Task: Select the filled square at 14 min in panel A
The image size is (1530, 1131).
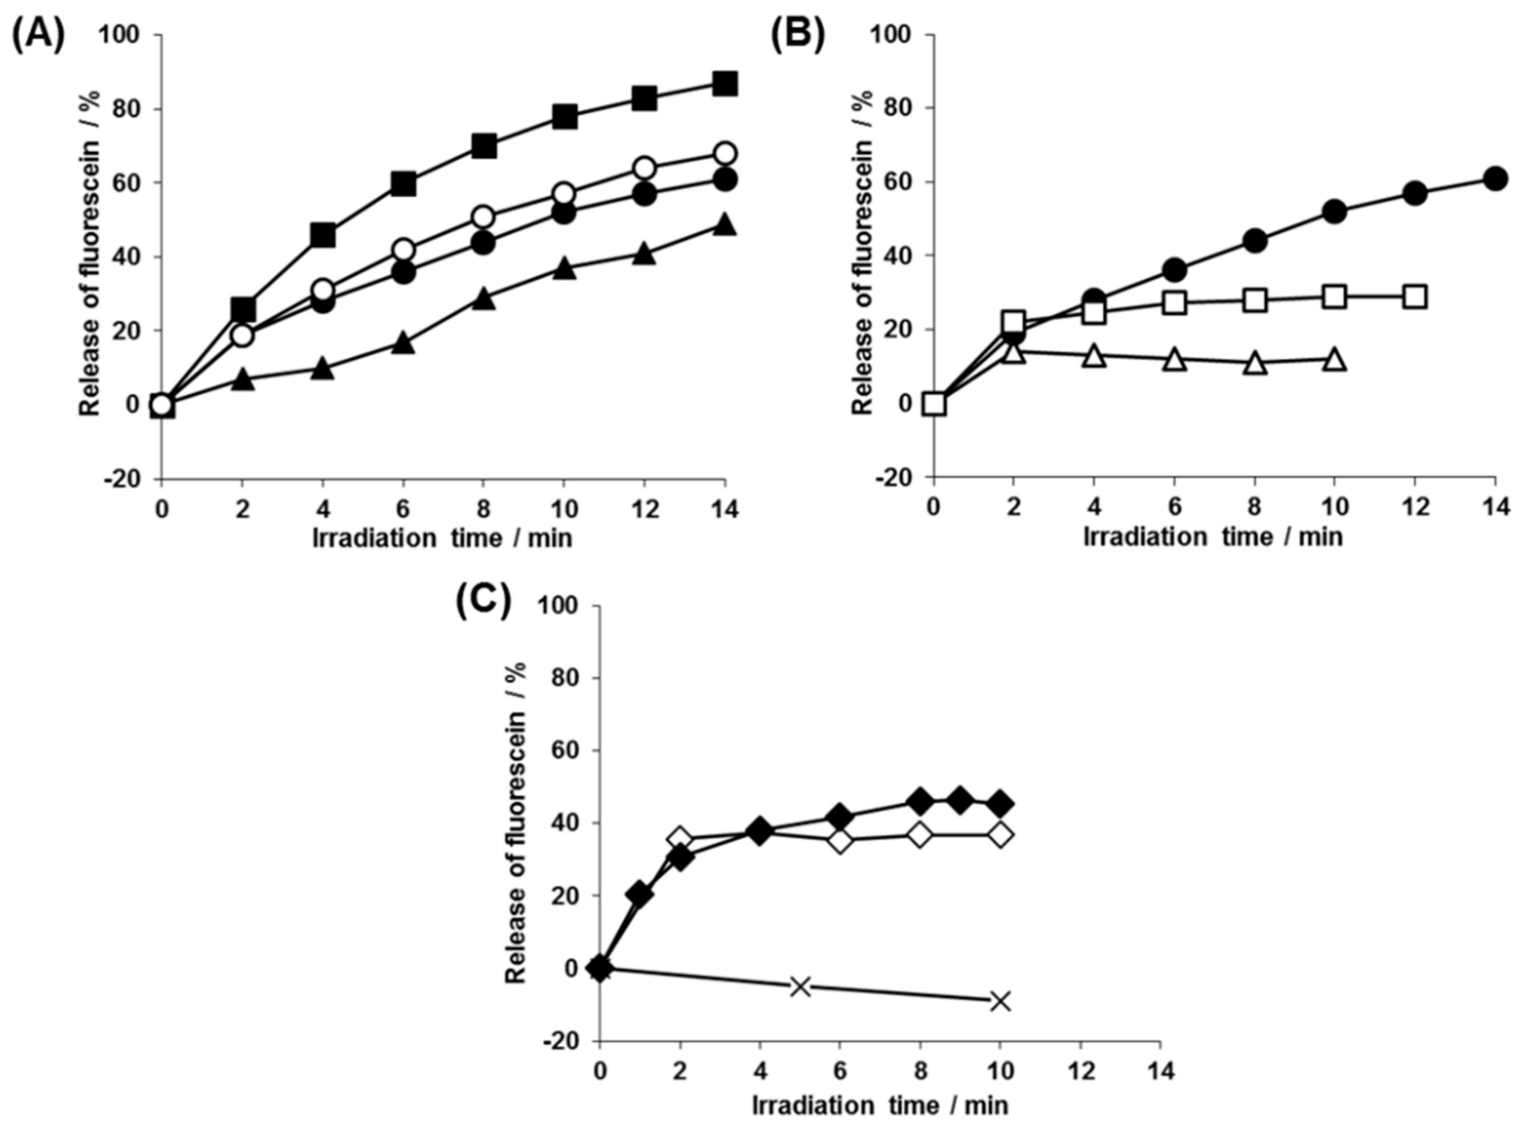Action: [724, 84]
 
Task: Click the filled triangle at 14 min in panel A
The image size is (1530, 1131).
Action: [724, 224]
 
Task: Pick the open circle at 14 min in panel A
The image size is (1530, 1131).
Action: [724, 153]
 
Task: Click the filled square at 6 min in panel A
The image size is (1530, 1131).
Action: [403, 183]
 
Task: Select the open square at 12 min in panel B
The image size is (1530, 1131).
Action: [1415, 296]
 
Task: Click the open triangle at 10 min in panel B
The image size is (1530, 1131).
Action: [1334, 360]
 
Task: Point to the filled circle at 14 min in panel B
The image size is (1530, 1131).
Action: [1495, 179]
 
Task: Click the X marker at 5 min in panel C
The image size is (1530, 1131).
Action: [800, 986]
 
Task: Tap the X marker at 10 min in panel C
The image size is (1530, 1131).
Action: [1000, 1001]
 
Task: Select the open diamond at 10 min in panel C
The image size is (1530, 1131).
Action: [1000, 835]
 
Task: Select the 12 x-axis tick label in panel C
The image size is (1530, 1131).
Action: [1080, 1070]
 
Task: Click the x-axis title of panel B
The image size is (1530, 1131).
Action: [1213, 537]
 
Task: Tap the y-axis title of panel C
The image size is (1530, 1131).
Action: [517, 822]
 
